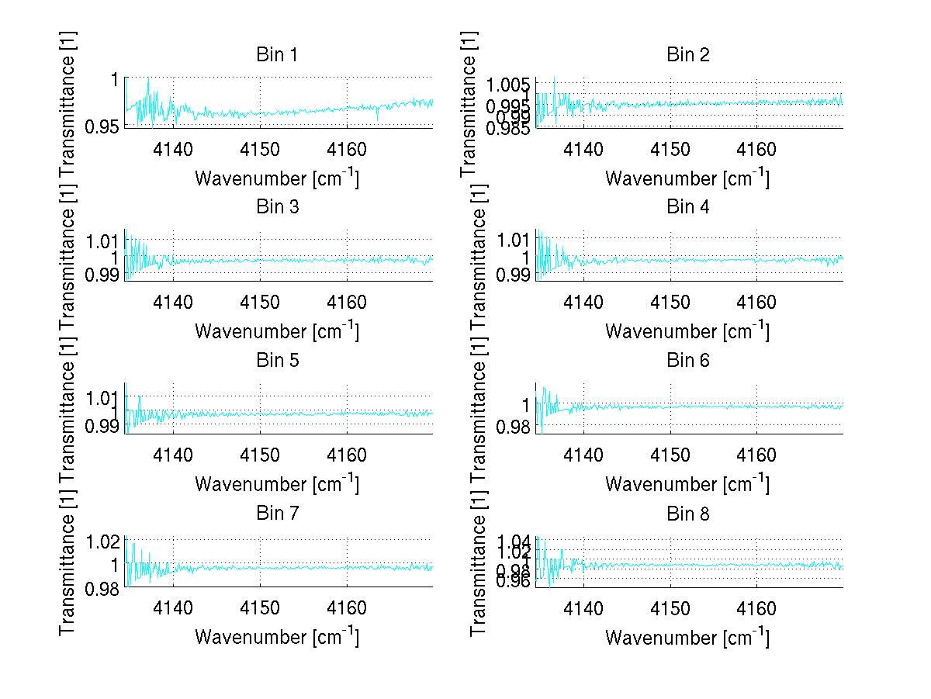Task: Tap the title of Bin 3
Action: [277, 207]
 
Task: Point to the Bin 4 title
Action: [687, 207]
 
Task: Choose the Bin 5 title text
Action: [277, 360]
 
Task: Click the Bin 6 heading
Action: [687, 360]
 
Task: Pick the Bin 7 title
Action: [277, 513]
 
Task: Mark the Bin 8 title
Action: [687, 513]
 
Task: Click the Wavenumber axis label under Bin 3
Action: [276, 330]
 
